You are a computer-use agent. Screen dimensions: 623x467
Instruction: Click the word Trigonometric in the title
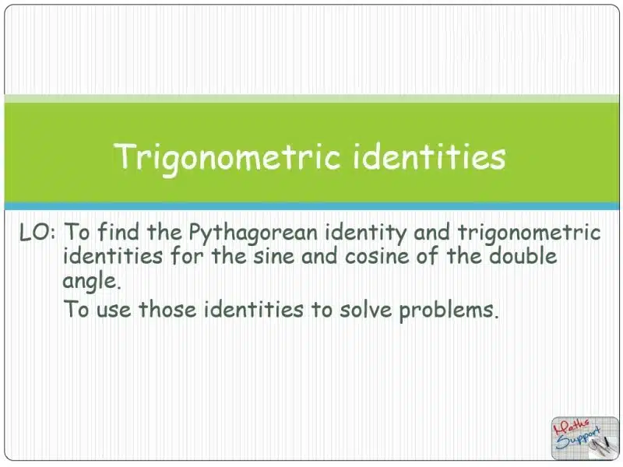point(227,157)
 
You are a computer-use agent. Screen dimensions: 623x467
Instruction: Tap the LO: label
point(37,232)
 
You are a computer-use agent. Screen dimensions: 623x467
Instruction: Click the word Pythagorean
point(253,232)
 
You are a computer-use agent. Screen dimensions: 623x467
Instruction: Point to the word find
point(118,231)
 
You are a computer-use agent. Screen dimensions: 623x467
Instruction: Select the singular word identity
point(365,232)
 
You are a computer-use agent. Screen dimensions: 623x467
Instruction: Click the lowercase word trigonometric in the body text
point(530,232)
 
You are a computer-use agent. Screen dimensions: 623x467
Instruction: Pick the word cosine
point(377,256)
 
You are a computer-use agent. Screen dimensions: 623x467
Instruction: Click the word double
point(523,255)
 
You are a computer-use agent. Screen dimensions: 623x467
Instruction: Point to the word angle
point(91,282)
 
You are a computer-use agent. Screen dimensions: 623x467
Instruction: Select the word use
point(114,310)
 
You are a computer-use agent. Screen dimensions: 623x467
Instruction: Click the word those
point(167,309)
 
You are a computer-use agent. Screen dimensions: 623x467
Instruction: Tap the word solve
point(365,309)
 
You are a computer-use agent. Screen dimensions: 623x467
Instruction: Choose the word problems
point(449,310)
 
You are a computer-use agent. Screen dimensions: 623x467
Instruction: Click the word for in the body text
point(187,255)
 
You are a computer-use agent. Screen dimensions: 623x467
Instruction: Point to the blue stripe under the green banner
point(311,206)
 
